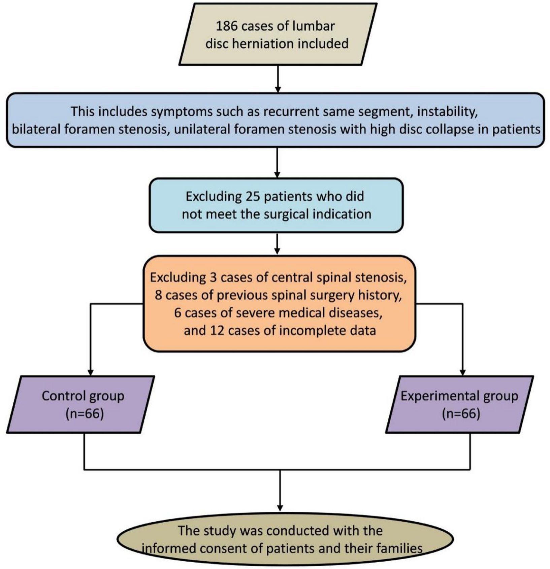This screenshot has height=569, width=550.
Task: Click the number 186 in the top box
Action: [227, 26]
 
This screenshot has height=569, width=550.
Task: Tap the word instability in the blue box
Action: [447, 111]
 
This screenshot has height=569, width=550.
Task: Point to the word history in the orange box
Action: [380, 295]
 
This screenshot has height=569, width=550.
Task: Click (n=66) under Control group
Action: [85, 414]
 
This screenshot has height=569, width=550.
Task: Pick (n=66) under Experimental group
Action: [461, 414]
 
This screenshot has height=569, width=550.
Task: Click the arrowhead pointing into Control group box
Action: [91, 372]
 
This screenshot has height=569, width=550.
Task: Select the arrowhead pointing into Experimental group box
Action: [462, 372]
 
